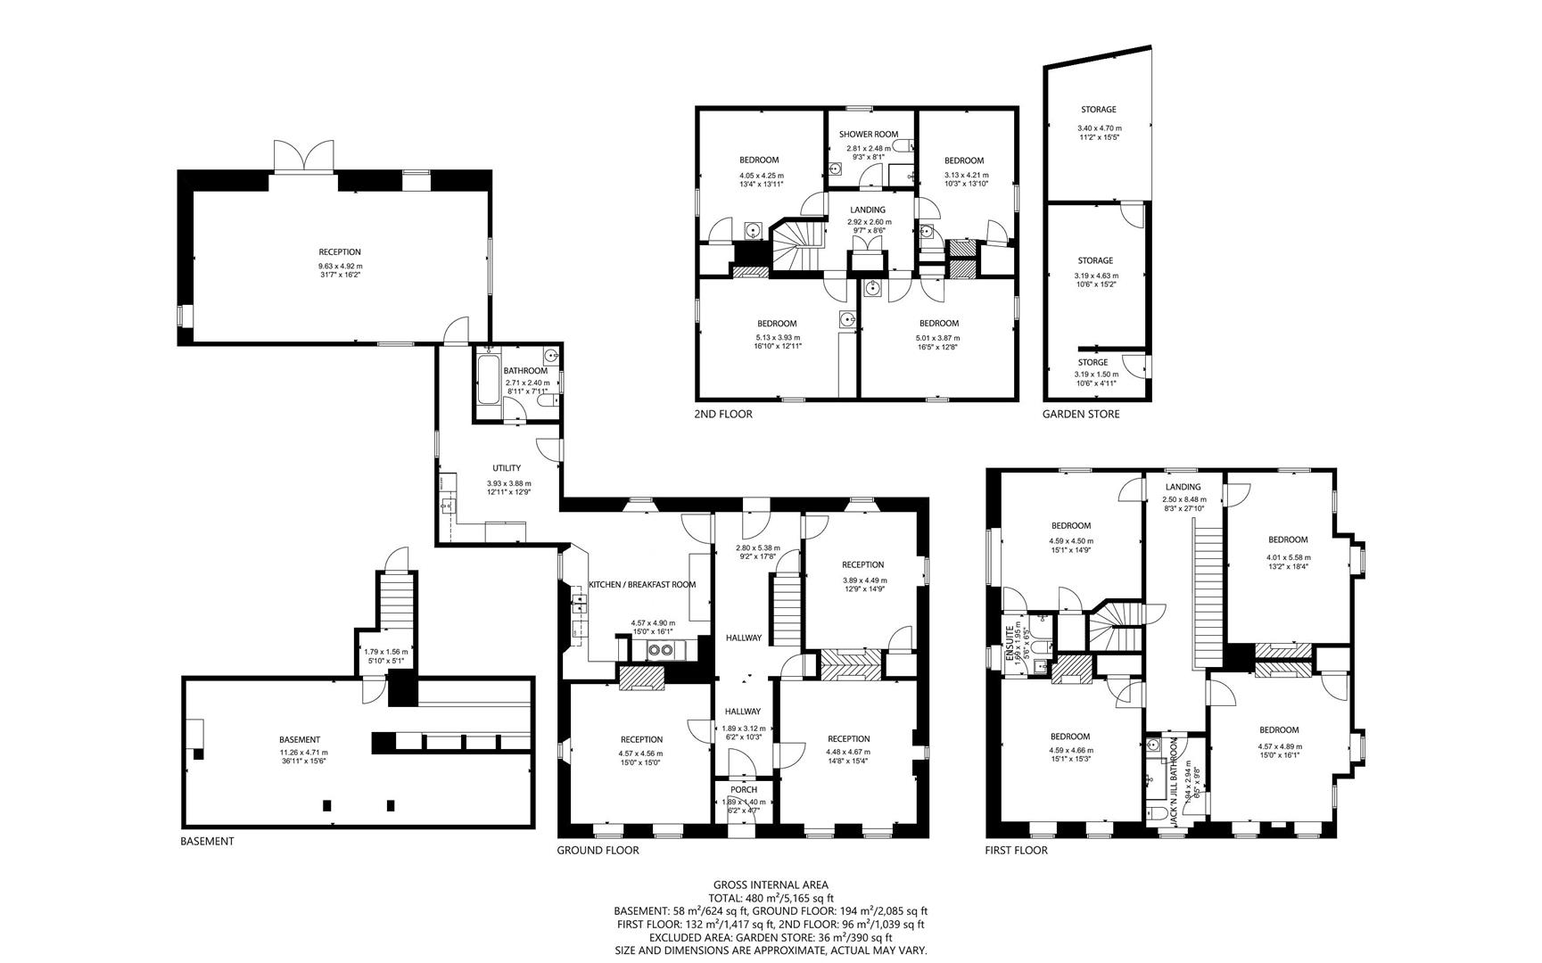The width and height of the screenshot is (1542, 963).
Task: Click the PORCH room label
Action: (743, 789)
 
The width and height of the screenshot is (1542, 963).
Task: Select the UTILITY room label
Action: (507, 468)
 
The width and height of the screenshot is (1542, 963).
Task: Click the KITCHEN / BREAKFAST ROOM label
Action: (642, 585)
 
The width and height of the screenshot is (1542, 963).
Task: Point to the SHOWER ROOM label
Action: (868, 135)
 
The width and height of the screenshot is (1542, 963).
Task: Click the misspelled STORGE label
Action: (1093, 362)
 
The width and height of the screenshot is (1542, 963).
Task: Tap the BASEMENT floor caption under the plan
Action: (207, 841)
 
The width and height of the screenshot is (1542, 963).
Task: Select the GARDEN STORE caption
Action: (1080, 414)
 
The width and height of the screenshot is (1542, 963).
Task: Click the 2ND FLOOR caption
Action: (722, 414)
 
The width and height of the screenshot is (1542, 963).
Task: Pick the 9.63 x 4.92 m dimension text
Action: (340, 266)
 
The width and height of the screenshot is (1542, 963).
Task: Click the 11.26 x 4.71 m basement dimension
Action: (299, 752)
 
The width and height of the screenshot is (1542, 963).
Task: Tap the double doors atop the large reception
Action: (304, 157)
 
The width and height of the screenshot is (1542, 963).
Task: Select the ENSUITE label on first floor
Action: (1009, 643)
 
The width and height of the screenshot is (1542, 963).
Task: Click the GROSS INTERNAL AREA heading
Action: (771, 885)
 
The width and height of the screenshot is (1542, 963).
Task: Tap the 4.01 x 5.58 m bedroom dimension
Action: (1288, 558)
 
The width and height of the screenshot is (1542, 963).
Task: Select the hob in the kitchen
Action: (660, 649)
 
